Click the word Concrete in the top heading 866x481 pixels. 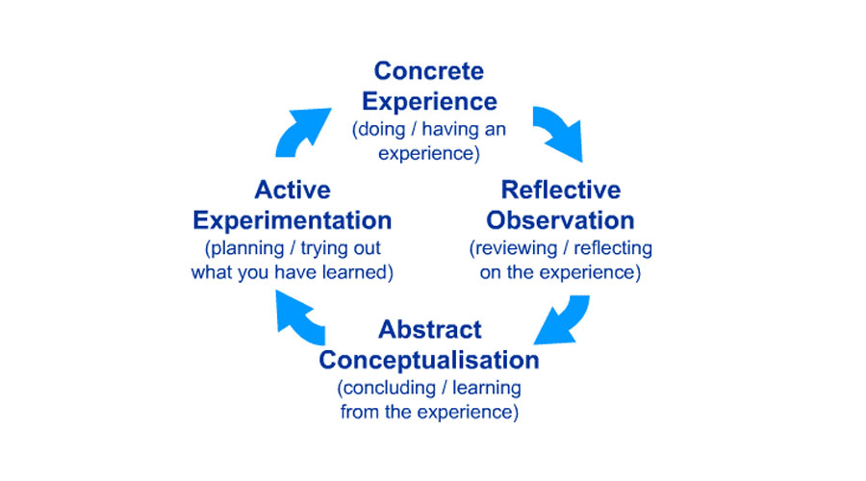pos(429,71)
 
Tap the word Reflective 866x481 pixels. pos(561,190)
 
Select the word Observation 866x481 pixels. pos(561,219)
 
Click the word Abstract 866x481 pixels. pos(429,330)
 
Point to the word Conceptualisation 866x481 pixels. pos(429,360)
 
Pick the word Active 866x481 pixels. pos(293,190)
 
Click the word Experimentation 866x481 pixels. pos(293,219)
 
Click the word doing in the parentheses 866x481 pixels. pos(383,128)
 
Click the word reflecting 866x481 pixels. pos(613,248)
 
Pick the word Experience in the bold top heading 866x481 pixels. pos(429,101)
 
